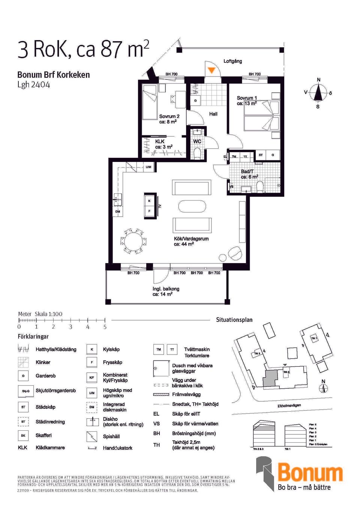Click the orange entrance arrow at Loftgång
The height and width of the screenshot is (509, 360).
coord(211,70)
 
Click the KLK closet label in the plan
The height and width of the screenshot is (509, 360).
coord(160,141)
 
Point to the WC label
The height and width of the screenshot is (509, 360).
coord(197,141)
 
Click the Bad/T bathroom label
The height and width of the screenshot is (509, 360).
coord(247,171)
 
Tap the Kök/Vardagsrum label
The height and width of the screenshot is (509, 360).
coord(191,239)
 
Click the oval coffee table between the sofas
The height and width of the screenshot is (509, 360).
coord(192,207)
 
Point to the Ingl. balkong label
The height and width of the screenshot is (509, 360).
coord(166,289)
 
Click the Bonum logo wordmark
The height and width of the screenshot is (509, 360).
coord(310,473)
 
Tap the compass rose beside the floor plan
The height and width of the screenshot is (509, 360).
coord(318,93)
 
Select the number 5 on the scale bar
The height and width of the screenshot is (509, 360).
coord(105,327)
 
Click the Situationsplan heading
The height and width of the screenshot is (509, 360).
coord(234,320)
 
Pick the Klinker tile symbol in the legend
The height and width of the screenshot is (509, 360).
coord(23,362)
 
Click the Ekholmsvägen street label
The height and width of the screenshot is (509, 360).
coord(289,406)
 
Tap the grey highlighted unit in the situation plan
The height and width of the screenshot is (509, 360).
coord(269,379)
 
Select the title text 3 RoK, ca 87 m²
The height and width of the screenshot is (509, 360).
coord(83,49)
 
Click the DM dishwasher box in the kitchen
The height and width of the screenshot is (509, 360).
coord(118,211)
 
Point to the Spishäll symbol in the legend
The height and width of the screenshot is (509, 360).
coord(92,436)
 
